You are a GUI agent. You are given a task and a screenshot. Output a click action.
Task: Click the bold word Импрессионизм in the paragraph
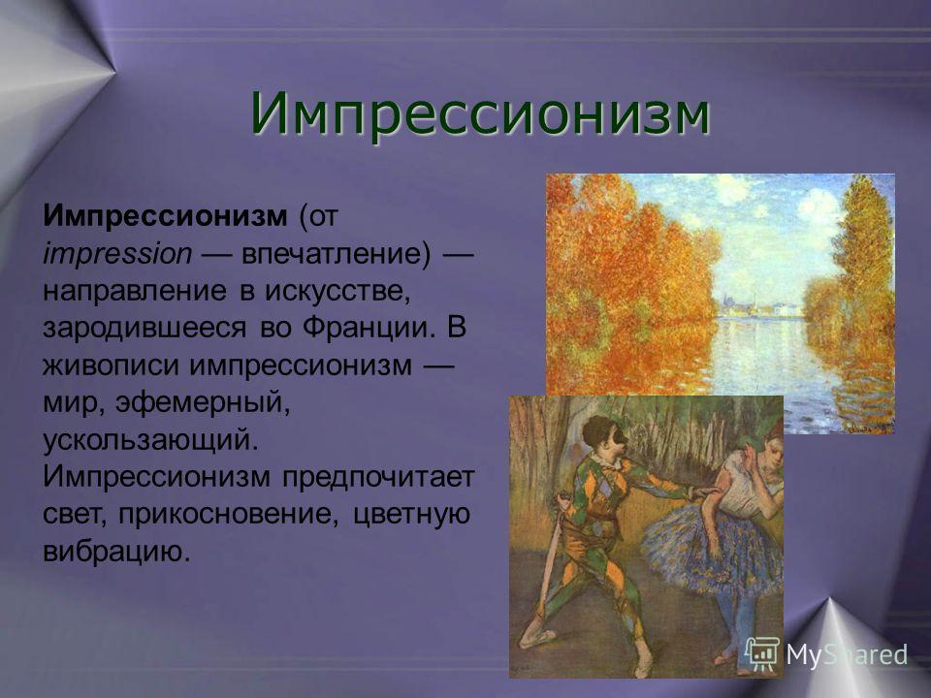pyautogui.click(x=165, y=215)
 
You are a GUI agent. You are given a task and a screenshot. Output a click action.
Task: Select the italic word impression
pyautogui.click(x=117, y=254)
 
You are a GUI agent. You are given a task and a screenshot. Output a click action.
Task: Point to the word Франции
pyautogui.click(x=366, y=329)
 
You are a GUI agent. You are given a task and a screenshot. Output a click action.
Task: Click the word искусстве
pyautogui.click(x=337, y=291)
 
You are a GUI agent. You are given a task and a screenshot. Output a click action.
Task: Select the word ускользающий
pyautogui.click(x=151, y=440)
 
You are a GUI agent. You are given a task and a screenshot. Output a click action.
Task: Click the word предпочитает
pyautogui.click(x=378, y=477)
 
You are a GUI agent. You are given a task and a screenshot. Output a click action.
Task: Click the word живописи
pyautogui.click(x=111, y=365)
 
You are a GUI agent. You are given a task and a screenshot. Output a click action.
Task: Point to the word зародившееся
pyautogui.click(x=144, y=329)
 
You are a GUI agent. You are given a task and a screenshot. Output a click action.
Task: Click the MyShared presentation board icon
pyautogui.click(x=762, y=654)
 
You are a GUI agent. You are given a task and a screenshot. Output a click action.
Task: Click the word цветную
pyautogui.click(x=411, y=514)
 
